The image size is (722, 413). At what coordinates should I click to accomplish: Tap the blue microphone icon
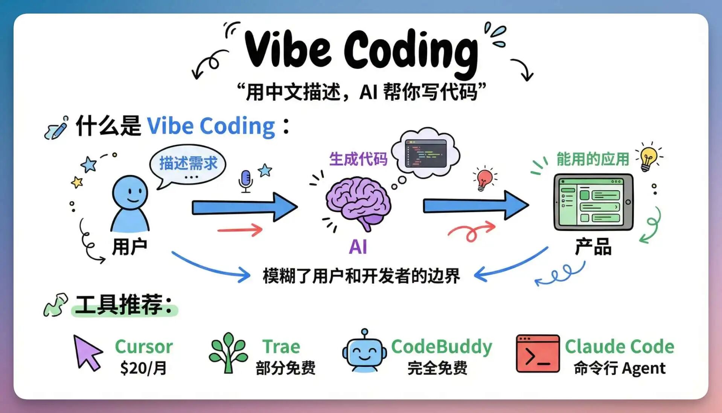[x=245, y=181]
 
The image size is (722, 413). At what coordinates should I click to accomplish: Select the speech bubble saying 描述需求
[x=187, y=166]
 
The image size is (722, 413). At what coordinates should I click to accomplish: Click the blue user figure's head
[x=130, y=193]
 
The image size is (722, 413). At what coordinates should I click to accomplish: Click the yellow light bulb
[x=648, y=158]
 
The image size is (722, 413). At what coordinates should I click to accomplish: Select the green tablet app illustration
[x=593, y=202]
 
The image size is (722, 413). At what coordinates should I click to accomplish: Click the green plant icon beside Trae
[x=228, y=353]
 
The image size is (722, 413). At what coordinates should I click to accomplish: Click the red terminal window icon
[x=538, y=353]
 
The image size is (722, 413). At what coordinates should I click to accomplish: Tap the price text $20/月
[x=143, y=368]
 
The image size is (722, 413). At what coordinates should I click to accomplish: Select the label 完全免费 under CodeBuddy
[x=437, y=368]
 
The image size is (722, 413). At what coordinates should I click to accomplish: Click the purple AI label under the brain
[x=358, y=247]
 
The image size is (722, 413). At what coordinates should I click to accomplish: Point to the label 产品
[x=593, y=247]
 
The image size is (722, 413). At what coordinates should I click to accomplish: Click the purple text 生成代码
[x=358, y=159]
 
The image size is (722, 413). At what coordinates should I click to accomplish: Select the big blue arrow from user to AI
[x=245, y=207]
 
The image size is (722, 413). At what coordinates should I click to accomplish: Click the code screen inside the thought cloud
[x=426, y=153]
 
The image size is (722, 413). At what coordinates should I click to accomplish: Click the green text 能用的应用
[x=593, y=159]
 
